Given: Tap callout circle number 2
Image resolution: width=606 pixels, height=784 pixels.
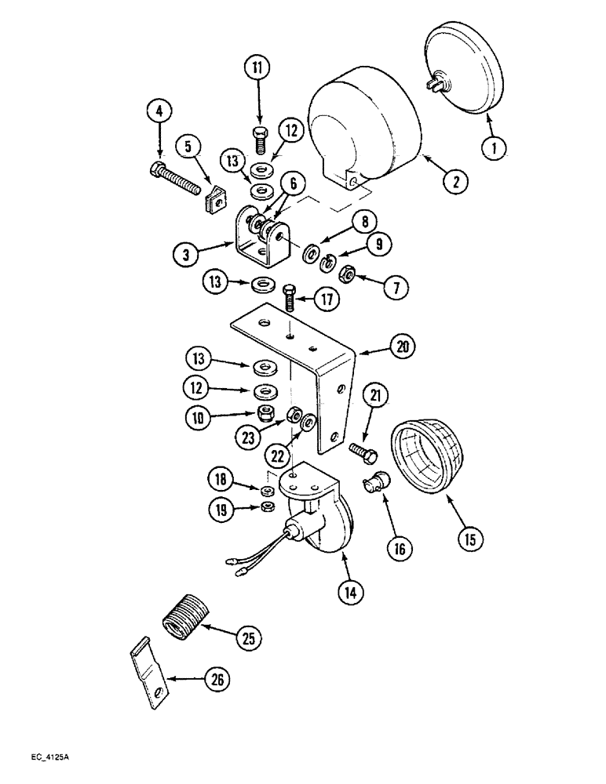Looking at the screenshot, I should coord(455,180).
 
